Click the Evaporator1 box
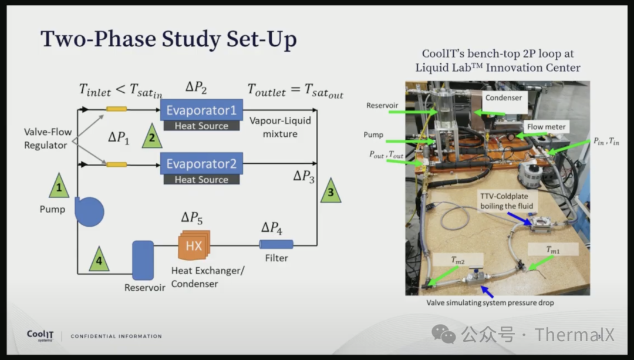201,110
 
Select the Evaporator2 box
201,164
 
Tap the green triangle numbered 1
59,187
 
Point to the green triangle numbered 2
152,137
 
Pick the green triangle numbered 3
331,190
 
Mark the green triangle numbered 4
99,260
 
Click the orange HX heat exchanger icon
194,245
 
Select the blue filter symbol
276,244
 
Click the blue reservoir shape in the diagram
143,260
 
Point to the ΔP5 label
192,218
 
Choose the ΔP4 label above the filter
272,228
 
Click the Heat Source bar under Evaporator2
201,180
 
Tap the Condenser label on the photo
503,97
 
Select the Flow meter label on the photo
547,126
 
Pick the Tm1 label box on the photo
552,250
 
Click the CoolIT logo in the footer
40,336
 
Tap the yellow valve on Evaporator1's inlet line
116,109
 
